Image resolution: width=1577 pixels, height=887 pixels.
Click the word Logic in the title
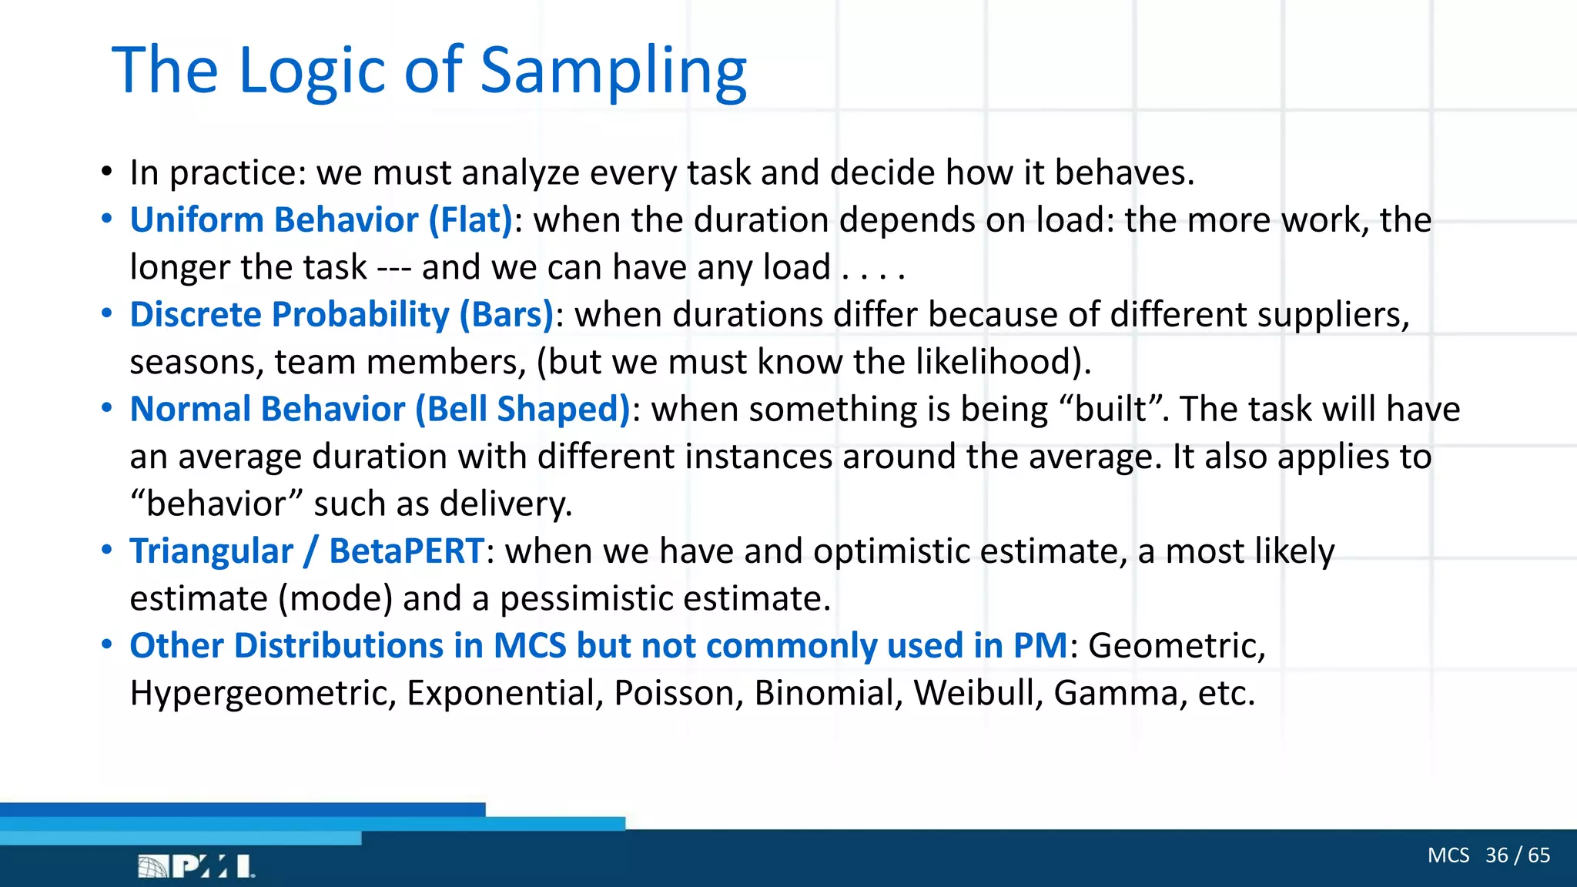pos(312,71)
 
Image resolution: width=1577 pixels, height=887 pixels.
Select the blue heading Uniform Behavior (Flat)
pos(320,220)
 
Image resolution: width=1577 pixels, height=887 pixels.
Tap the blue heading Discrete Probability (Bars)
pos(341,315)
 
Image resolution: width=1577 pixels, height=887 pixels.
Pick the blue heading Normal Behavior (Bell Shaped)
pos(380,410)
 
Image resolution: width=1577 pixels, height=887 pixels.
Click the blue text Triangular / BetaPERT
pos(306,551)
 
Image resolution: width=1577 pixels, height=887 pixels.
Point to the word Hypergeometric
pos(263,694)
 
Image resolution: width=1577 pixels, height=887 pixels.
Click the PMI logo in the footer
pos(196,866)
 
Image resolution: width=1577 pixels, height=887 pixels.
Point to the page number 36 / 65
pos(1517,855)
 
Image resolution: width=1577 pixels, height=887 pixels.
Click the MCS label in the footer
pos(1448,855)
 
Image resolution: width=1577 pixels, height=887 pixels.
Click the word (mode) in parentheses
pos(335,599)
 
